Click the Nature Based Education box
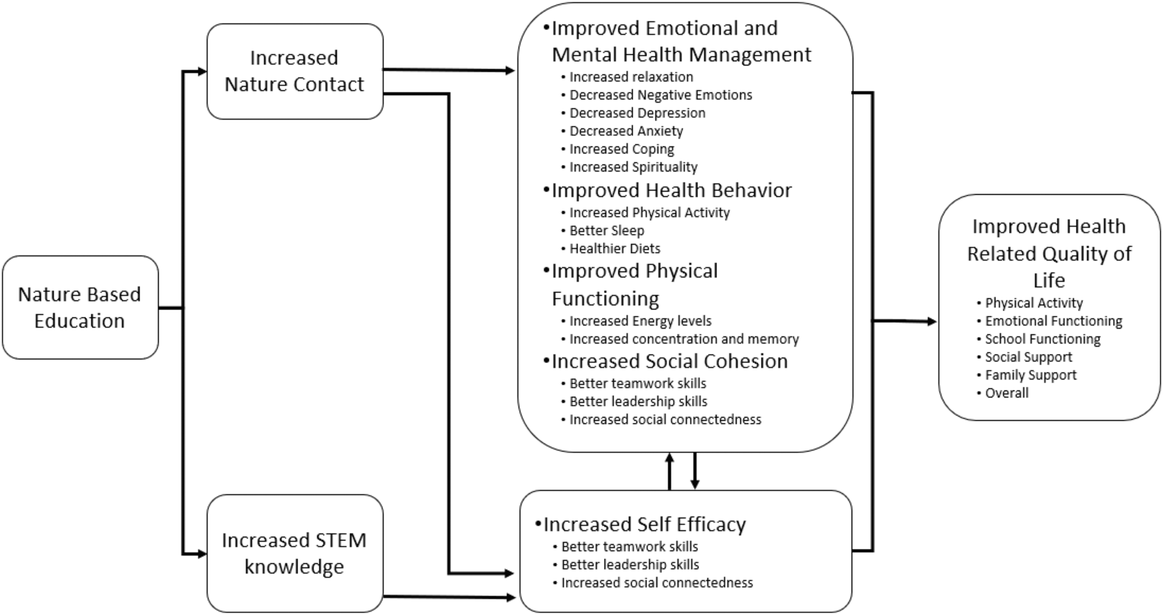click(x=81, y=307)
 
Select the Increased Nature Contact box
click(x=295, y=71)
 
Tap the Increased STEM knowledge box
click(x=295, y=553)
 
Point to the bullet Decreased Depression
click(x=637, y=113)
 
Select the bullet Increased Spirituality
click(x=633, y=167)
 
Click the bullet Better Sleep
click(x=607, y=231)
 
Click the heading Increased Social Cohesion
click(x=669, y=361)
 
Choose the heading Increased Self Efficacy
click(x=645, y=524)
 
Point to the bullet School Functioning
click(x=1043, y=339)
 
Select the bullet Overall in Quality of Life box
click(x=1007, y=393)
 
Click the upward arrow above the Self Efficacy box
click(x=669, y=471)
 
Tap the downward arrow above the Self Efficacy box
click(x=695, y=471)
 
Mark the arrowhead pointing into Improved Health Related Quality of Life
click(x=932, y=321)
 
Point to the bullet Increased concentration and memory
click(x=684, y=339)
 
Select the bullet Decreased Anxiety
click(x=626, y=131)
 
